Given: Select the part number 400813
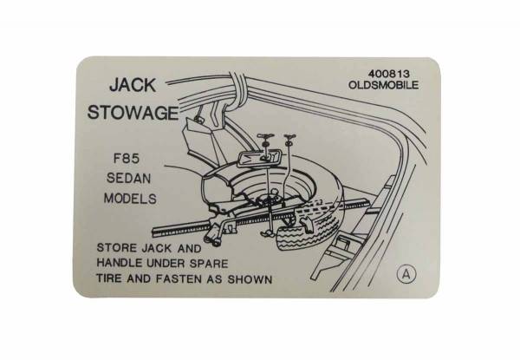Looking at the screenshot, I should tap(378, 75).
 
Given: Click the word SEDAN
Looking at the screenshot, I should tap(133, 179).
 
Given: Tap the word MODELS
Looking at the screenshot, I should tap(133, 199).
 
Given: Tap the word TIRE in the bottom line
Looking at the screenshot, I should tap(112, 279).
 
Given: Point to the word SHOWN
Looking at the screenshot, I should tap(251, 279).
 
